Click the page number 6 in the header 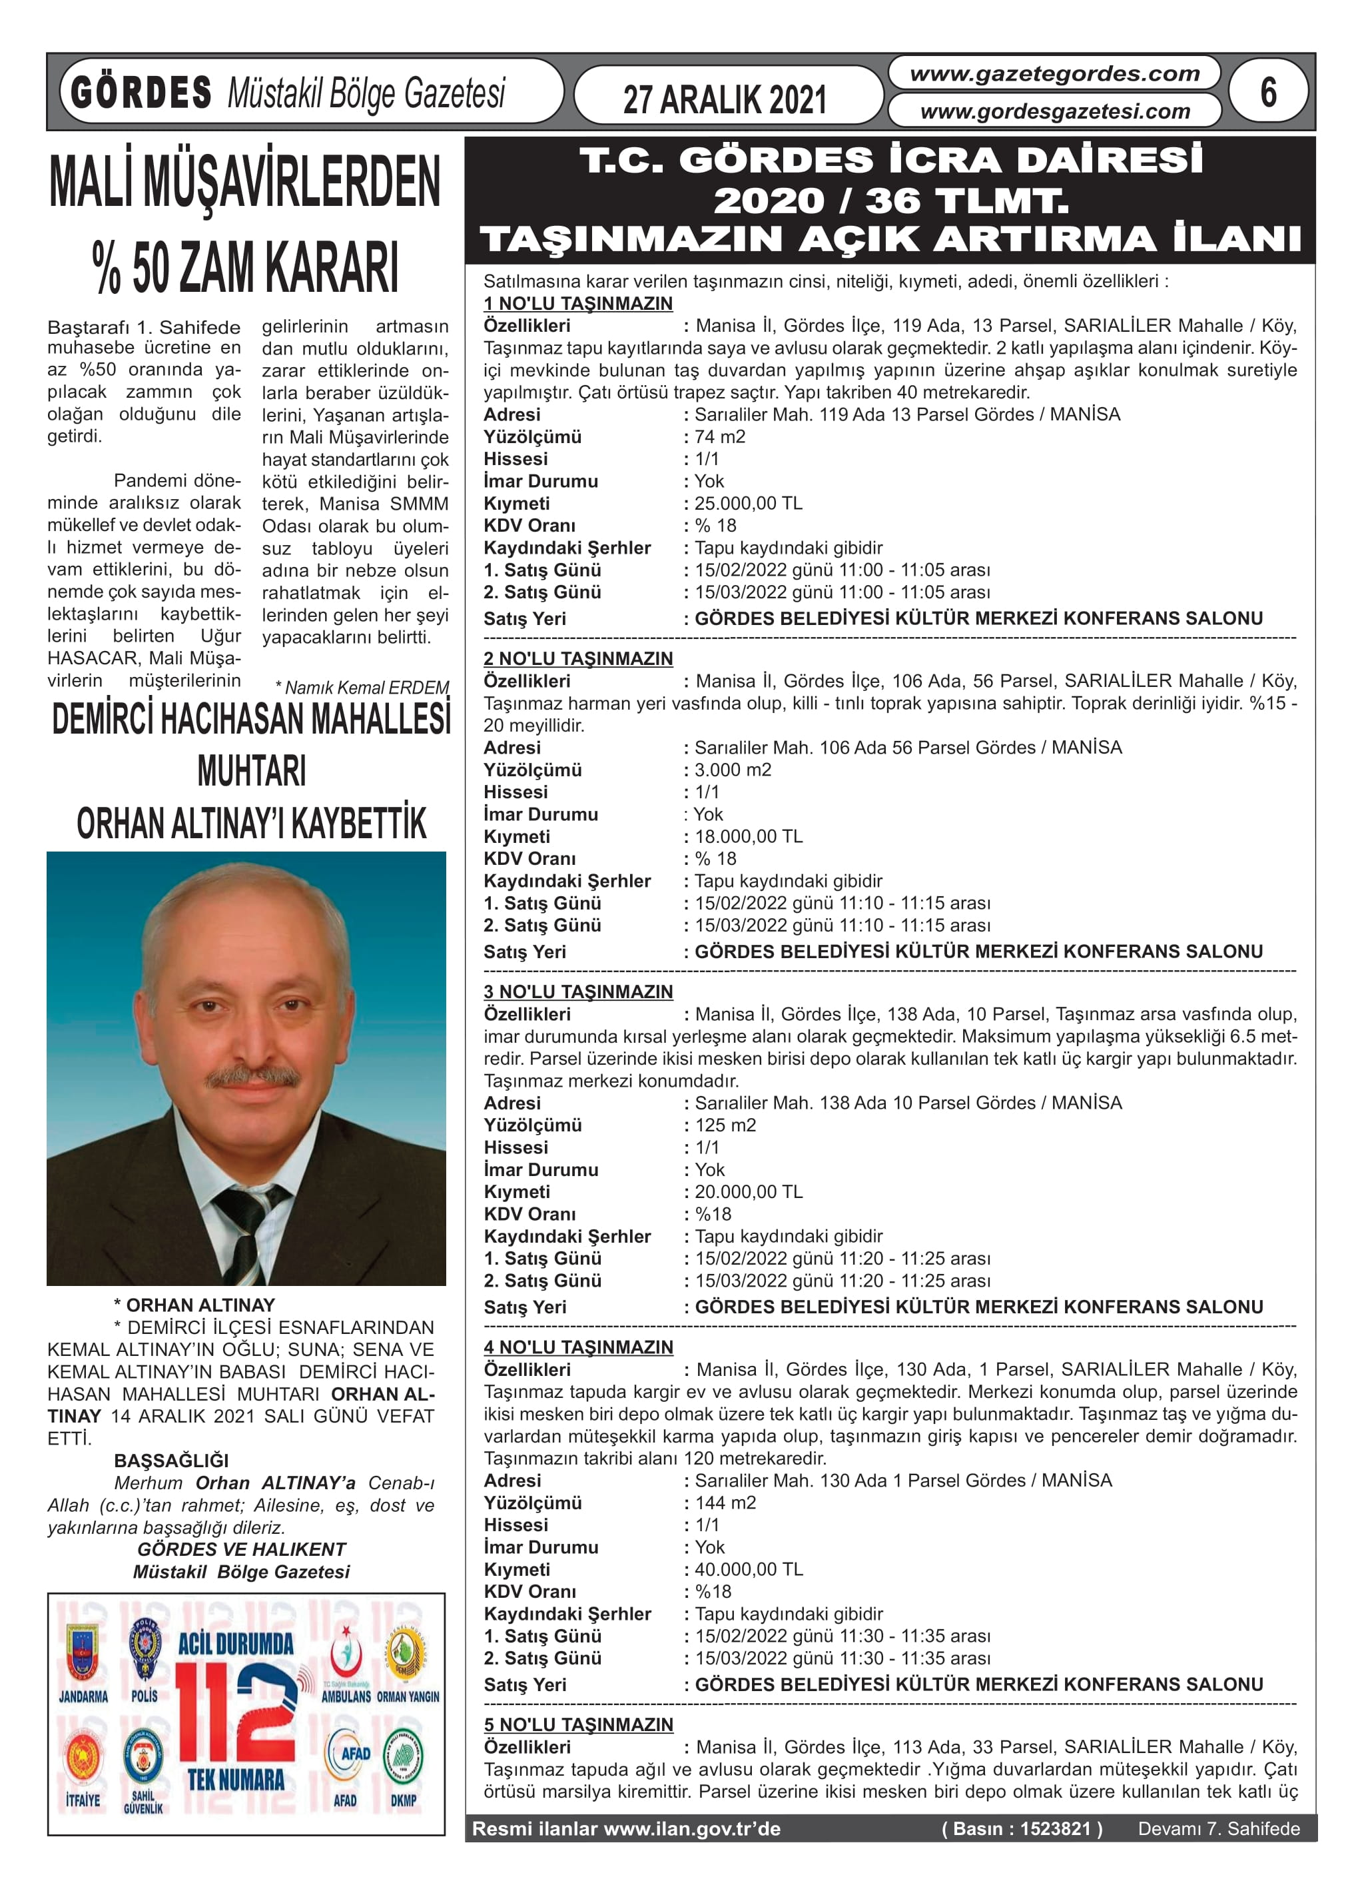pos(1267,93)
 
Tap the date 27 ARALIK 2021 pos(725,100)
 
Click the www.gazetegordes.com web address pos(1054,74)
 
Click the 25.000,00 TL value pos(749,503)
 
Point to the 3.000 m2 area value pos(733,770)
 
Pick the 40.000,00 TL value pos(749,1569)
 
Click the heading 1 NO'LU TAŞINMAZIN pos(578,304)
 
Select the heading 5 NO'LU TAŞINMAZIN pos(578,1725)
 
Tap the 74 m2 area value pos(721,436)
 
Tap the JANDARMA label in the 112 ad pos(83,1696)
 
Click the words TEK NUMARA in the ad pos(236,1780)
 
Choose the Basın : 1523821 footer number pos(1022,1829)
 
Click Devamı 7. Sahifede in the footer pos(1218,1829)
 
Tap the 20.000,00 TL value pos(749,1192)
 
